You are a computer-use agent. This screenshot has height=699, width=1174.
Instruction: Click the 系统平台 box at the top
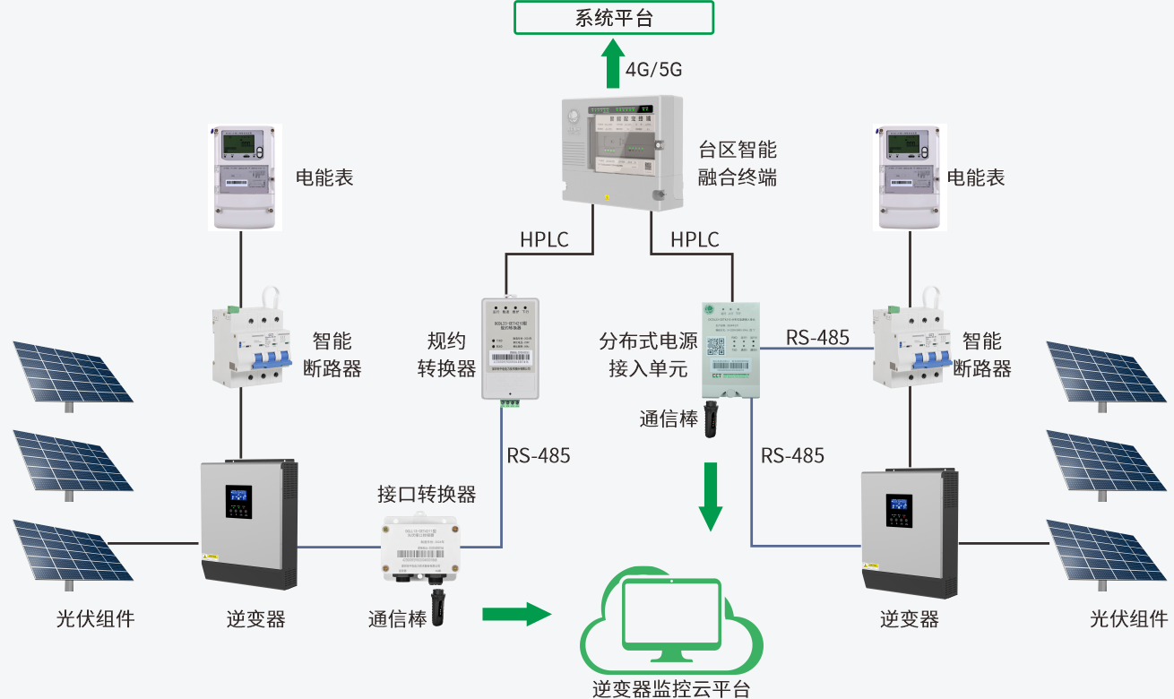(x=614, y=18)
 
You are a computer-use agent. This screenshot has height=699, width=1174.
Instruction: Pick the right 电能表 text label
(x=976, y=177)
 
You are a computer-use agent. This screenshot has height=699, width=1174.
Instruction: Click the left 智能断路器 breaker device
(x=251, y=345)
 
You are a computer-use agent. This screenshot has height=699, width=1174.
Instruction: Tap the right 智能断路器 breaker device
(x=910, y=345)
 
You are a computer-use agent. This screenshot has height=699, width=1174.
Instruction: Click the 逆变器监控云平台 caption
(x=671, y=688)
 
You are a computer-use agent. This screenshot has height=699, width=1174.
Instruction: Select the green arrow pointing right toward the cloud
(x=515, y=614)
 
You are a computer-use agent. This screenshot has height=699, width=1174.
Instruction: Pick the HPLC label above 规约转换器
(x=544, y=239)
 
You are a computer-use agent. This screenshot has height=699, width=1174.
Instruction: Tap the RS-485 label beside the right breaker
(x=817, y=337)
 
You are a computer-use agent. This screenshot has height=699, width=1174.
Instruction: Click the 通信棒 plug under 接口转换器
(x=439, y=608)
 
